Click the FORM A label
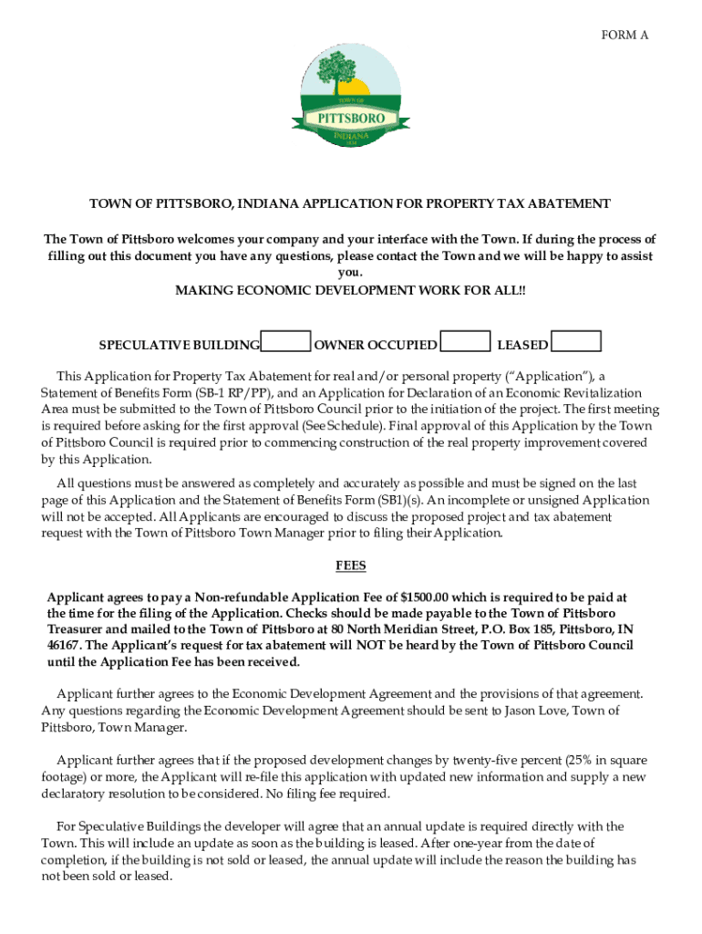point(625,35)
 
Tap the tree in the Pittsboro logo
point(345,69)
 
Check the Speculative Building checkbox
point(285,342)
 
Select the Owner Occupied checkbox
point(465,342)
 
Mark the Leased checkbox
point(577,342)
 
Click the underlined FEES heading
point(350,566)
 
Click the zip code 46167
point(65,646)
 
